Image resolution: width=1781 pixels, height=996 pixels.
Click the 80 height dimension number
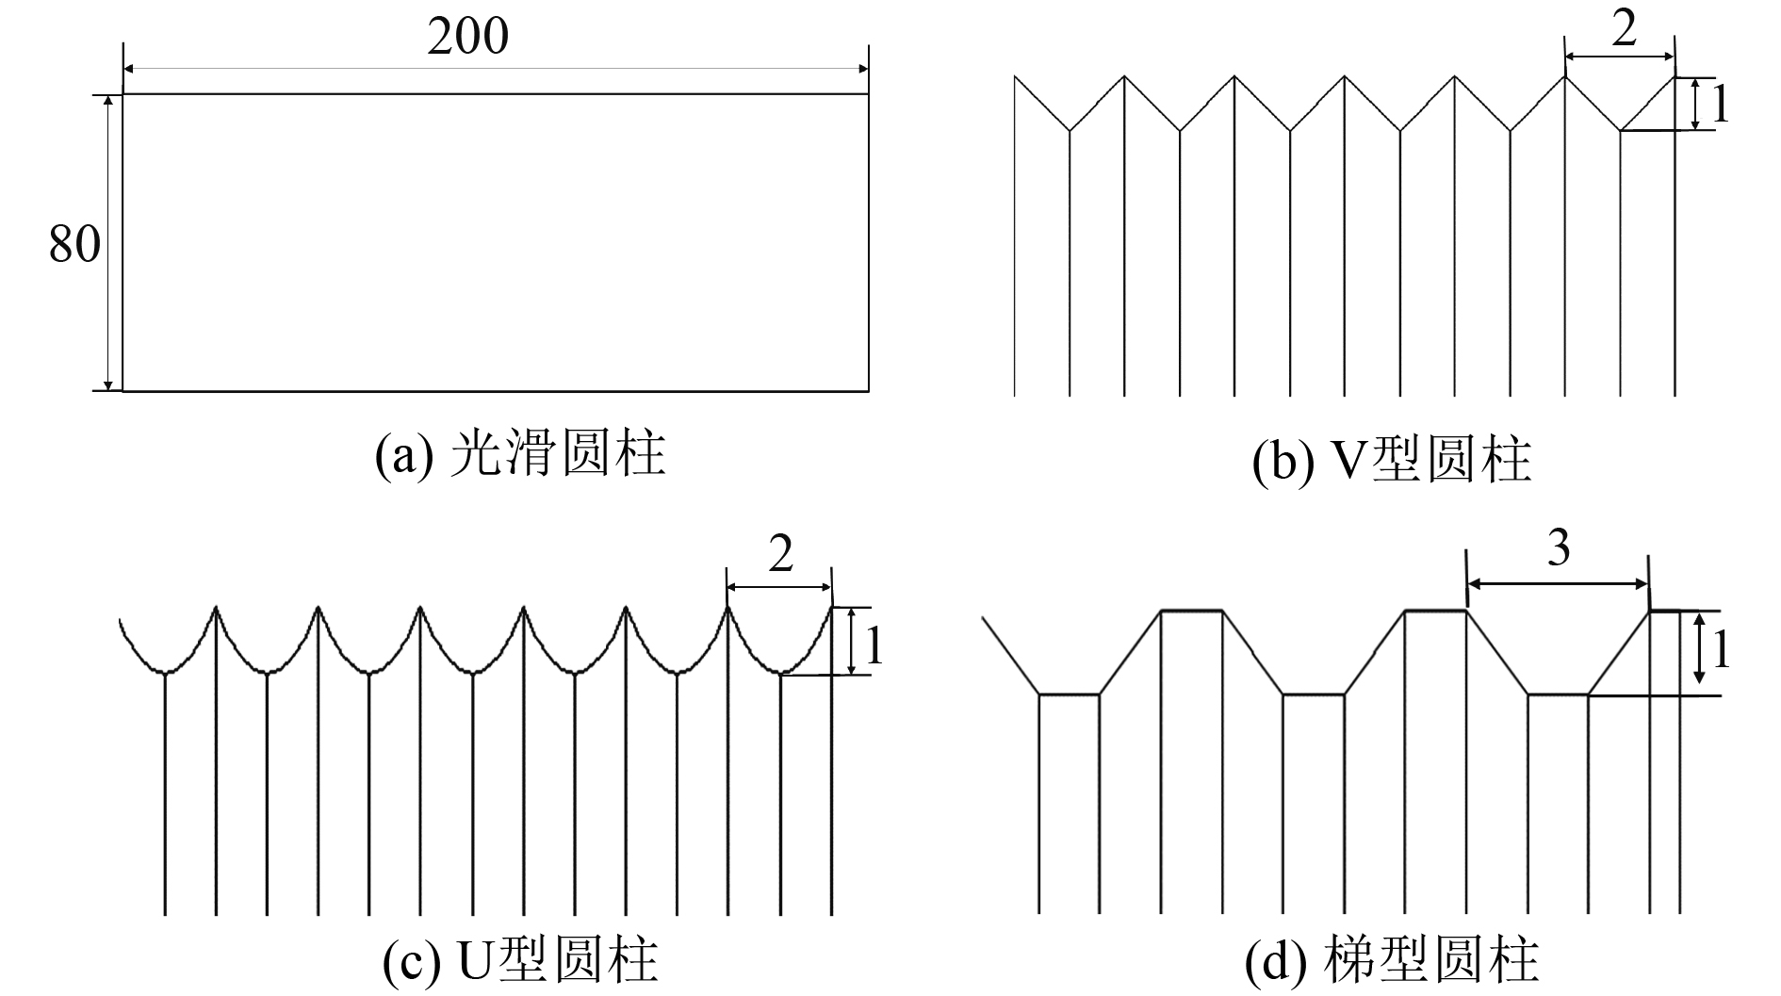click(x=74, y=245)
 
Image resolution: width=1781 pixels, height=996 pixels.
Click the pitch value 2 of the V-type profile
click(x=1623, y=31)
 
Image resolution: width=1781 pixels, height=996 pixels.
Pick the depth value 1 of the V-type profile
click(x=1720, y=105)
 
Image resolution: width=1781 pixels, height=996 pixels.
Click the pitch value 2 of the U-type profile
click(x=780, y=556)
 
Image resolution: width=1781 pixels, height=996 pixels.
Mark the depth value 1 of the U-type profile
click(x=874, y=645)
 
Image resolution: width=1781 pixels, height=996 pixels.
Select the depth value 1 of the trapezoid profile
click(x=1721, y=650)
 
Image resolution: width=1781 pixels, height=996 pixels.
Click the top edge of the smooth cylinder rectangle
click(x=495, y=94)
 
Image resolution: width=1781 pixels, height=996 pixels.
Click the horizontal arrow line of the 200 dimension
click(x=495, y=69)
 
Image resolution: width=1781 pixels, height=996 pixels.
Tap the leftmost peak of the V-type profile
click(x=1124, y=77)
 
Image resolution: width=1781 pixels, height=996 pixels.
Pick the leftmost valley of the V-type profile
click(x=1070, y=130)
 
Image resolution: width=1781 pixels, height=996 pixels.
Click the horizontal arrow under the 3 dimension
click(x=1559, y=584)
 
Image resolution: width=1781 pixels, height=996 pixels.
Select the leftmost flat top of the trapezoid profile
click(x=1191, y=611)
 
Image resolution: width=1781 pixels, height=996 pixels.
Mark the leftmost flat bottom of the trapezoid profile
click(x=1069, y=694)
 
